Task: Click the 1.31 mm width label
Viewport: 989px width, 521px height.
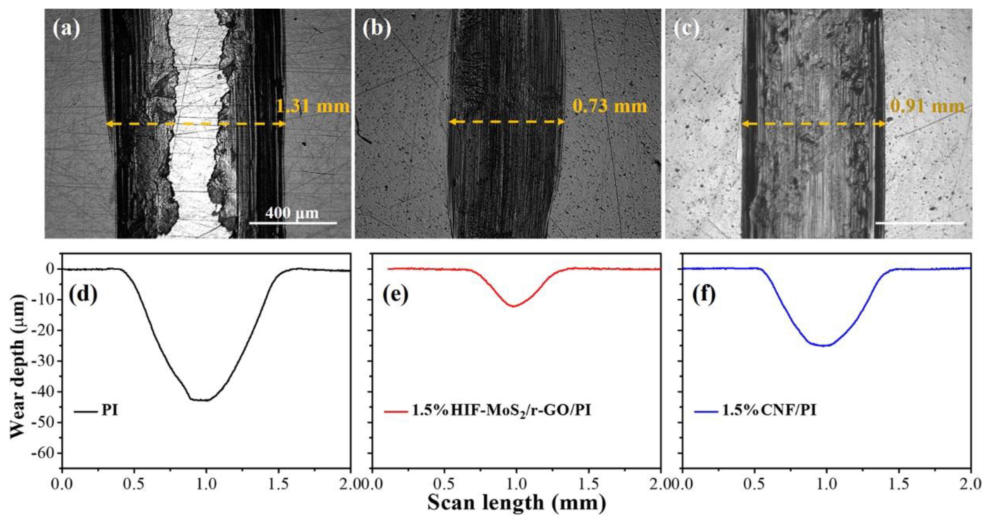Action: (x=313, y=106)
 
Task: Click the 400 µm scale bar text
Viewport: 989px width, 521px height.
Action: (x=293, y=212)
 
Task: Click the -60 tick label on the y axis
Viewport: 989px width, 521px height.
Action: (x=45, y=453)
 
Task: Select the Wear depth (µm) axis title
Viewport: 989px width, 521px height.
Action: (x=17, y=361)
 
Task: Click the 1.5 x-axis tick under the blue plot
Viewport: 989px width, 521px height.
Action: (x=899, y=484)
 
